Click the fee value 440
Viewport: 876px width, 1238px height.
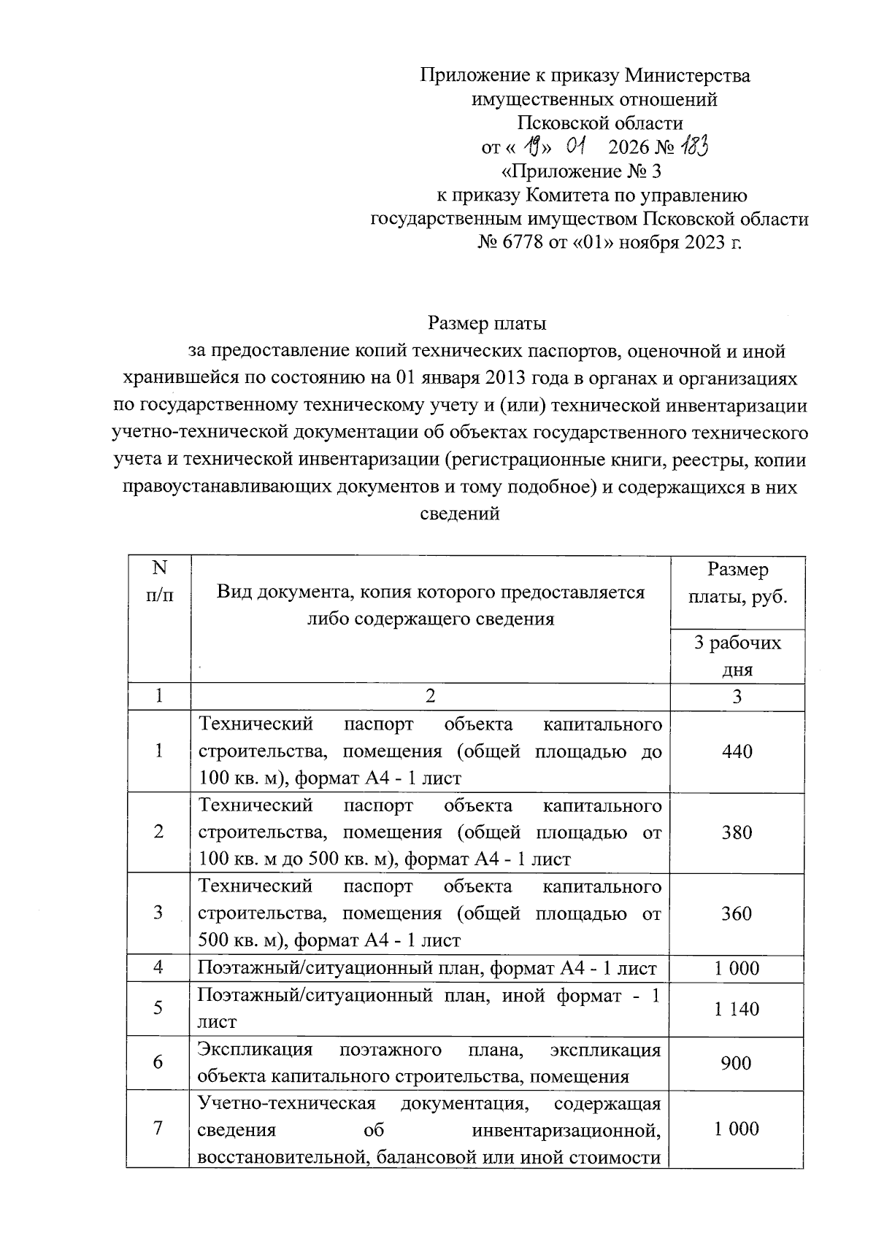point(737,751)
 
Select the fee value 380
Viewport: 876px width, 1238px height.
point(737,832)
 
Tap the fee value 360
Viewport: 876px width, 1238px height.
point(737,913)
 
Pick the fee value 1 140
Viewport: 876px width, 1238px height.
point(737,1009)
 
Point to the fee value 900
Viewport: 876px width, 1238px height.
point(736,1063)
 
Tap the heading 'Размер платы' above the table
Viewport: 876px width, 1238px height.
point(487,322)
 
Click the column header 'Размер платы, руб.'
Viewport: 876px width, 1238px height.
point(737,584)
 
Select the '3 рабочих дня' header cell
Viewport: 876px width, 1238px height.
point(737,656)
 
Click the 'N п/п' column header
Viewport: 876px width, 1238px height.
point(159,581)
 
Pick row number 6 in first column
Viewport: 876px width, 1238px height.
point(158,1063)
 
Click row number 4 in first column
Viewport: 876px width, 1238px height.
point(158,968)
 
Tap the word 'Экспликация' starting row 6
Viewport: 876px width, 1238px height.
point(255,1050)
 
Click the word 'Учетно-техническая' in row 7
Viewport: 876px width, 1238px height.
point(287,1103)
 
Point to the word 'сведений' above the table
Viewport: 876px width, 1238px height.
point(460,514)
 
